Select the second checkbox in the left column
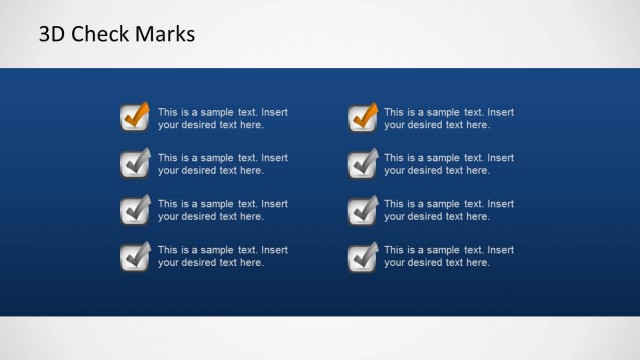point(134,163)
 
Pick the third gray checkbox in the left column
point(134,210)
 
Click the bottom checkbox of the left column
point(134,256)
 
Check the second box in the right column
point(363,163)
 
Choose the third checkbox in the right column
point(363,210)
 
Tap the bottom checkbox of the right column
point(363,256)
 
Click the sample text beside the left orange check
point(222,119)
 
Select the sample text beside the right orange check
point(449,119)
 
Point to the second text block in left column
point(222,164)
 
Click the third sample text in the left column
point(222,210)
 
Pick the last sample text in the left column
point(222,256)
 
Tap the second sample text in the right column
point(449,164)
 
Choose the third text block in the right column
point(449,210)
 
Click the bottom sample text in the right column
point(449,256)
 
